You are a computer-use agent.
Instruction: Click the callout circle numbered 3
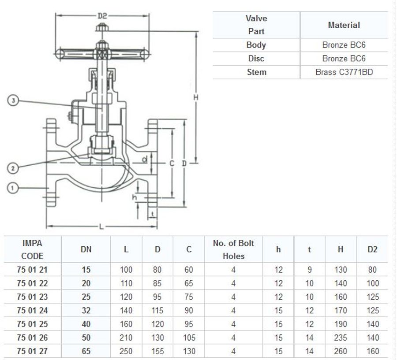point(13,101)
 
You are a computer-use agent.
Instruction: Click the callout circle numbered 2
point(13,168)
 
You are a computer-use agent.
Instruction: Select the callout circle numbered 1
point(13,188)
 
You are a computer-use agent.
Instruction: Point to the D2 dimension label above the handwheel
point(102,15)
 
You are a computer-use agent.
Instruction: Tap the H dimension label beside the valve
point(196,97)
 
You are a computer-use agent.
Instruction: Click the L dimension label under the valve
point(101,226)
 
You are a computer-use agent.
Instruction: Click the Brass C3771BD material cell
point(344,72)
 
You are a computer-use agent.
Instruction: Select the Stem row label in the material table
point(256,72)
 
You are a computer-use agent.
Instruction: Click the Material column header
point(344,25)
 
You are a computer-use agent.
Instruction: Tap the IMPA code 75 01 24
point(32,311)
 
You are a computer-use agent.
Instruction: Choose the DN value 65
point(86,352)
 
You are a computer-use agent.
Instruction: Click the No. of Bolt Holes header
point(233,249)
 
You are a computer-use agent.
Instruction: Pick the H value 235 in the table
point(341,338)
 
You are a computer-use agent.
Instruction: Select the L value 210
point(126,338)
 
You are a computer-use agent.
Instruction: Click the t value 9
point(310,270)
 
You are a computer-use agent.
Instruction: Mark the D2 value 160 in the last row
point(373,352)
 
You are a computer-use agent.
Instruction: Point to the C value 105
point(189,338)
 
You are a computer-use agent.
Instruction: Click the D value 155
point(157,352)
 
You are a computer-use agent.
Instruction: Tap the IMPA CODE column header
point(32,249)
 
